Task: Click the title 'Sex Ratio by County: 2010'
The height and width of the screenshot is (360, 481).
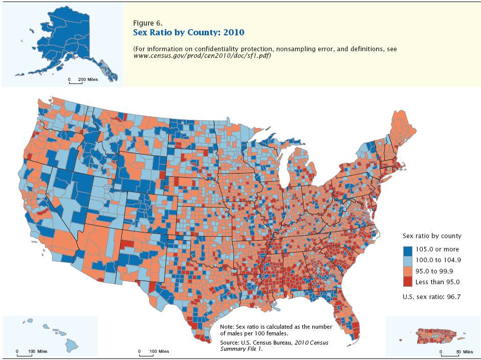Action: click(x=188, y=32)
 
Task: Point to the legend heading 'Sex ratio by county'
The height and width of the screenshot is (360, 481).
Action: click(x=432, y=236)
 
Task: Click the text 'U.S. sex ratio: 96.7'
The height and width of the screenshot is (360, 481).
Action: click(x=432, y=297)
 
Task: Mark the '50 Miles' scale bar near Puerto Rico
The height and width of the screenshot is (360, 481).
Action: click(x=450, y=352)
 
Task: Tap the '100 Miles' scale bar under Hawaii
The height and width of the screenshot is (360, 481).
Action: click(x=25, y=352)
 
